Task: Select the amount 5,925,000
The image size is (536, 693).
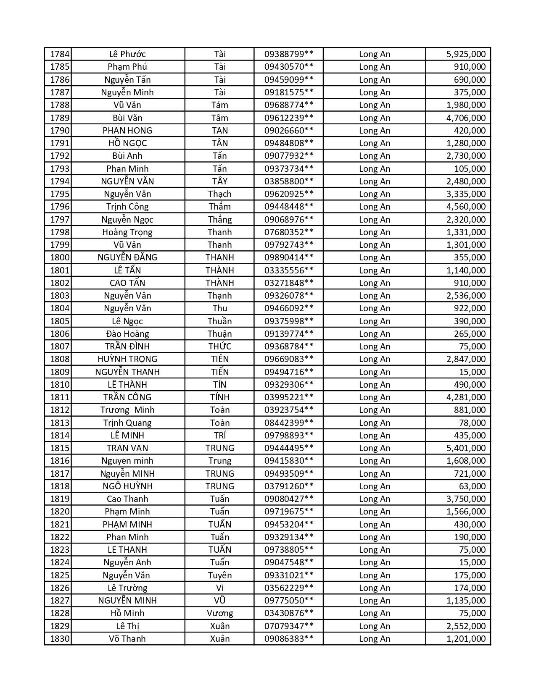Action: pos(466,54)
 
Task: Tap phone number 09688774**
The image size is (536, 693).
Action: pos(288,105)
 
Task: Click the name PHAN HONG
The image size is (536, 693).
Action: pos(127,130)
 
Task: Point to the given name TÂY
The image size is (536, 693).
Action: pos(219,181)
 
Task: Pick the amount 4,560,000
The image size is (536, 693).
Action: pos(466,207)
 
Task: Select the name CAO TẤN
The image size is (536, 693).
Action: pos(127,283)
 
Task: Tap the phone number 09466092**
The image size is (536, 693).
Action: pos(288,308)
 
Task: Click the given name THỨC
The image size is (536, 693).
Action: pos(219,346)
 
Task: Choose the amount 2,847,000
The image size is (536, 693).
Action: pos(466,359)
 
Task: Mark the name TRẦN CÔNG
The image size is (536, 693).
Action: pos(127,397)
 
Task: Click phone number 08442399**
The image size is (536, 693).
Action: pos(288,423)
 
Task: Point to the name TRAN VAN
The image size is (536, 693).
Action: pos(127,448)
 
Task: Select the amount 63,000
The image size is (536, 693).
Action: pos(473,486)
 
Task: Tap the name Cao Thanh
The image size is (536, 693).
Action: pos(127,499)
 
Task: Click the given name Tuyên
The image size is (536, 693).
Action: pos(219,575)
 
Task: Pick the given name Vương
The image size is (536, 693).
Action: pos(219,613)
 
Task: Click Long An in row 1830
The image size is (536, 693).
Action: pos(374,638)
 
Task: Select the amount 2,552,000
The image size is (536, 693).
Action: pos(466,626)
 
